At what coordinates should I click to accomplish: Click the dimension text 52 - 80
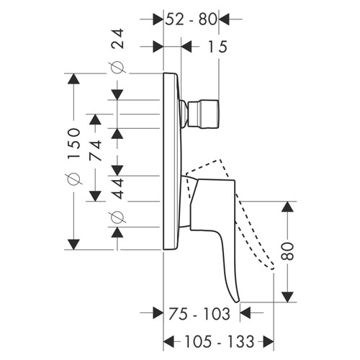[192, 19]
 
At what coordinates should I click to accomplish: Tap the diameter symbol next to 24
[118, 68]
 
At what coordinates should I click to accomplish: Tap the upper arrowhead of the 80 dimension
[287, 208]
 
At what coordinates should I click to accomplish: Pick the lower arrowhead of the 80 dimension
[287, 297]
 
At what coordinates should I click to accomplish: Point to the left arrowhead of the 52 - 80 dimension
[159, 19]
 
